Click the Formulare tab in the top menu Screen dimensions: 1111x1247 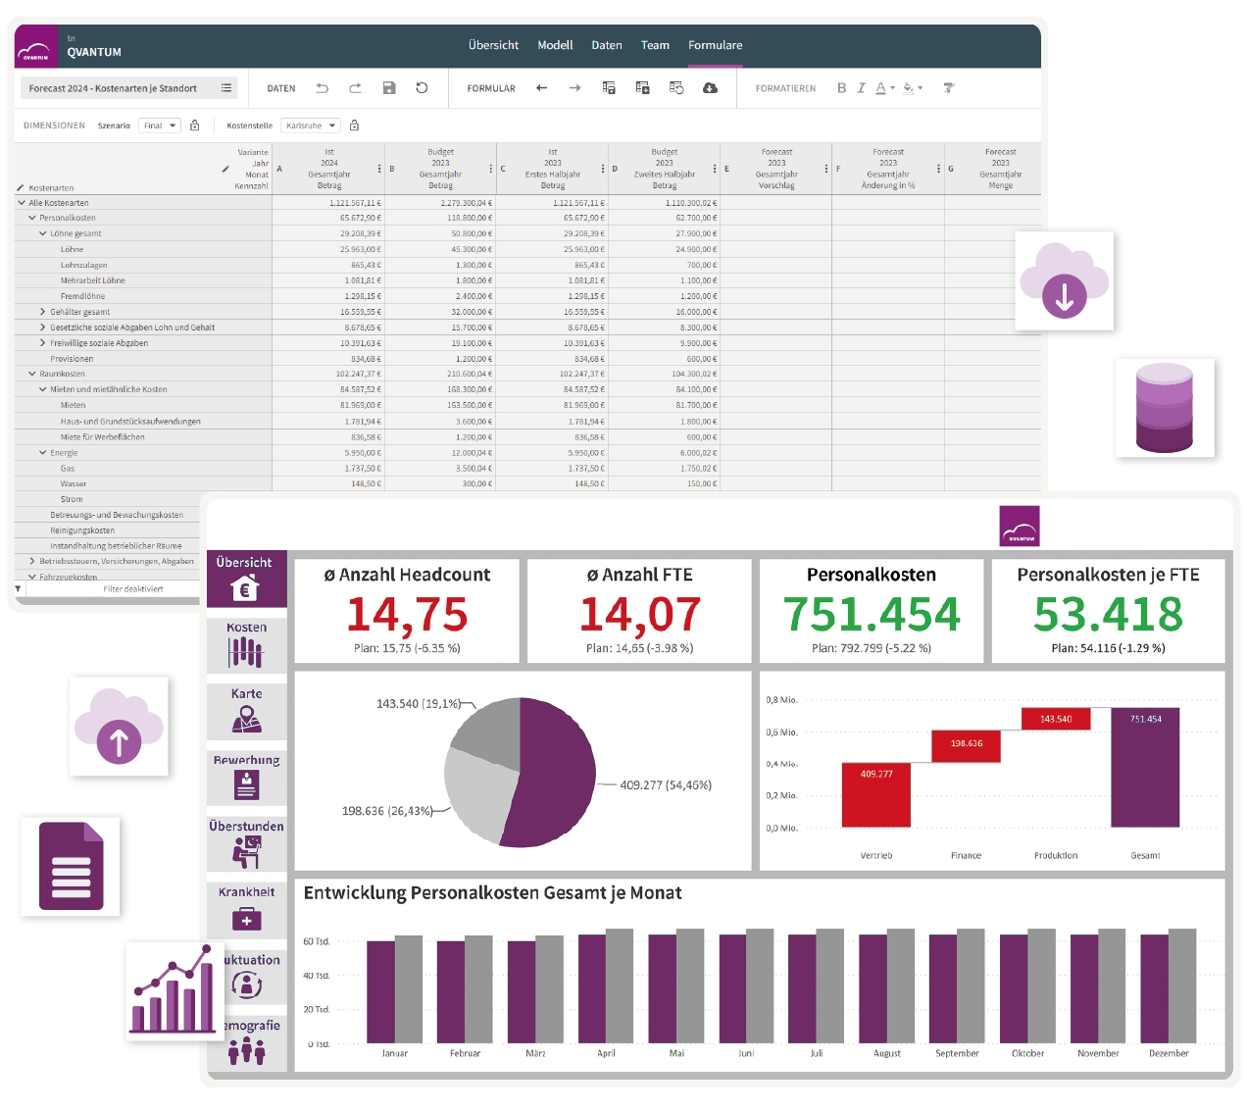tap(715, 45)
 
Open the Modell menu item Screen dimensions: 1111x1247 tap(555, 45)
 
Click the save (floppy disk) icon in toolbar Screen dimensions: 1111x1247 tap(389, 88)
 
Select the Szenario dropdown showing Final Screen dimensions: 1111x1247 tap(160, 126)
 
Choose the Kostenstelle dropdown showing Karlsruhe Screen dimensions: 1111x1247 tap(311, 126)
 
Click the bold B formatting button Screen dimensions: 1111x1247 tap(841, 88)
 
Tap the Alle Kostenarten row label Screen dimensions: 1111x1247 tap(59, 203)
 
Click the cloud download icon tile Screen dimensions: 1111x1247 tap(1065, 281)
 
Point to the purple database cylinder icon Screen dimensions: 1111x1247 tap(1165, 408)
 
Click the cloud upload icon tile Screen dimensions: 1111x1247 tap(119, 727)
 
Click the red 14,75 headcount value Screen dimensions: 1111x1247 tap(407, 615)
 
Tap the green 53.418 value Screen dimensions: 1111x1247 tap(1108, 615)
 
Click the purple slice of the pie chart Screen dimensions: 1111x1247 tap(554, 775)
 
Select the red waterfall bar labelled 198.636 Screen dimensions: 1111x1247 tap(966, 744)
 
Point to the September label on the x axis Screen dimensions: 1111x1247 tap(957, 1053)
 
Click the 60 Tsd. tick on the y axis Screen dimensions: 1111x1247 tap(316, 941)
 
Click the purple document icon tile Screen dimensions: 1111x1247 tap(71, 867)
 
